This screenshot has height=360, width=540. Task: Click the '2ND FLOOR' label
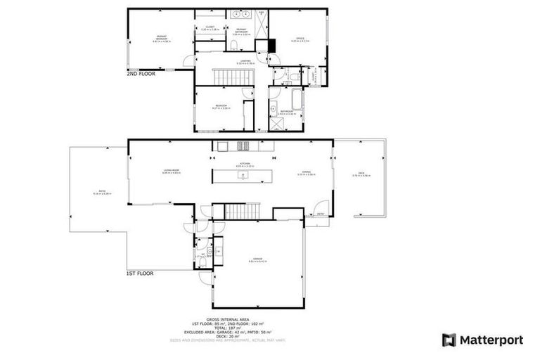[141, 72]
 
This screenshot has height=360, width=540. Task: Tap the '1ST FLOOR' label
[140, 273]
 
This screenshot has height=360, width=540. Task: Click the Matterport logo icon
[449, 340]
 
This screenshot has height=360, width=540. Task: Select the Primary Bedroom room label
[161, 39]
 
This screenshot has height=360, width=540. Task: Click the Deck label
[361, 174]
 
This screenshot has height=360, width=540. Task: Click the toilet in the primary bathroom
[233, 46]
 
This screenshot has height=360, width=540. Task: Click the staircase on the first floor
[242, 209]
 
